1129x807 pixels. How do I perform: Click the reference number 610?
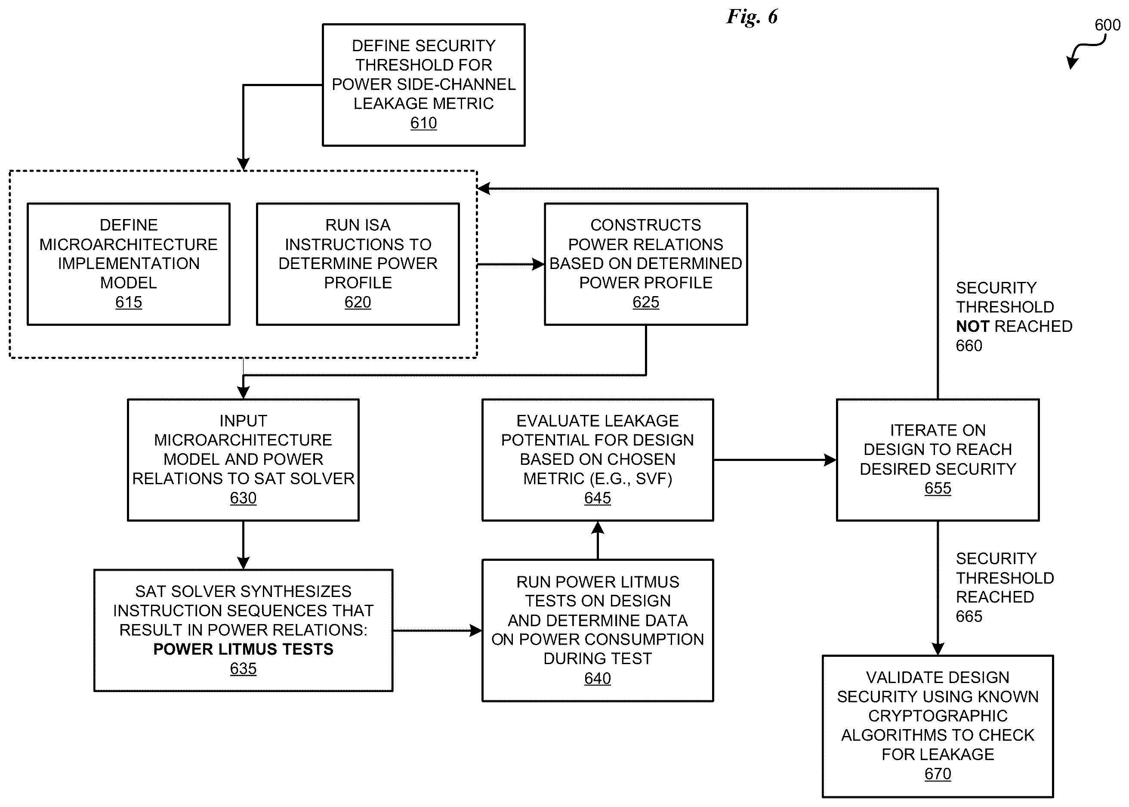pyautogui.click(x=423, y=123)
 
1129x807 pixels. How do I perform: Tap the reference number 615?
pyautogui.click(x=129, y=302)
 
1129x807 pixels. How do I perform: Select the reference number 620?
pyautogui.click(x=358, y=302)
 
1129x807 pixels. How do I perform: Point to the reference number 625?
pyautogui.click(x=646, y=302)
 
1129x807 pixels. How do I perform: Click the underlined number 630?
pyautogui.click(x=243, y=498)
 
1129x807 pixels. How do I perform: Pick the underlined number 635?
pyautogui.click(x=243, y=669)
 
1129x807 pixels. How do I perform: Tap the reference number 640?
pyautogui.click(x=598, y=678)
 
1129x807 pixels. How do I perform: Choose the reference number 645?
pyautogui.click(x=598, y=498)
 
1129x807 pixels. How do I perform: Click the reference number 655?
pyautogui.click(x=938, y=489)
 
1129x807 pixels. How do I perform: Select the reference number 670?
pyautogui.click(x=938, y=774)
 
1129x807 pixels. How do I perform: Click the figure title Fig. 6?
pyautogui.click(x=752, y=17)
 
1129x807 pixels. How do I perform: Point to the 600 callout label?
pyautogui.click(x=1107, y=25)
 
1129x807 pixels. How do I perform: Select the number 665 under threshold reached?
pyautogui.click(x=969, y=617)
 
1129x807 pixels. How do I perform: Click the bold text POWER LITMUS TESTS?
pyautogui.click(x=244, y=649)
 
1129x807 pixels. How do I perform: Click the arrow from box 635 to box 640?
pyautogui.click(x=437, y=631)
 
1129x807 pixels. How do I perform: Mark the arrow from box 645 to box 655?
pyautogui.click(x=775, y=460)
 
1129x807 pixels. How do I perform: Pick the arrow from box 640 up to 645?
pyautogui.click(x=598, y=541)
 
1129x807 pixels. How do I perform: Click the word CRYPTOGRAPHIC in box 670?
pyautogui.click(x=938, y=716)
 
